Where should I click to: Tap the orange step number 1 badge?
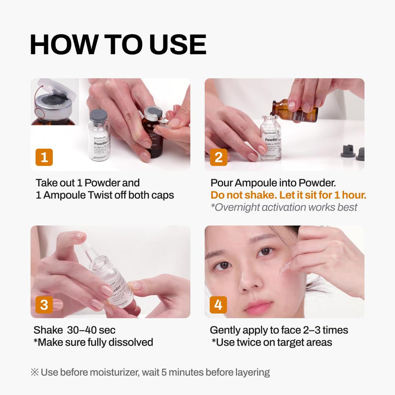coord(44,157)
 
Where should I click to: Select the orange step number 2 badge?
coord(218,157)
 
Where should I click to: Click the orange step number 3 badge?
coord(44,305)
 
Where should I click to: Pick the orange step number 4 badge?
coord(218,305)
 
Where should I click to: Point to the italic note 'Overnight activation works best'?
coord(284,207)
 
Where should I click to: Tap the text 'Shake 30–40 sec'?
coord(75,330)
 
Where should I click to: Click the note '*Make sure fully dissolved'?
coord(93,342)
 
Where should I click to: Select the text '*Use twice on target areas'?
coord(272,342)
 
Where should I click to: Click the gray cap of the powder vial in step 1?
coord(98,116)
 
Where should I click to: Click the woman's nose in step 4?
coord(253,283)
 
